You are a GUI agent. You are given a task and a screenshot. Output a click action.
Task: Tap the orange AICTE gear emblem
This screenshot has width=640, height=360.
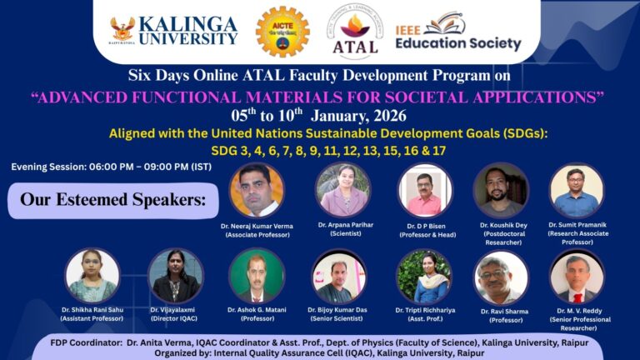click(282, 31)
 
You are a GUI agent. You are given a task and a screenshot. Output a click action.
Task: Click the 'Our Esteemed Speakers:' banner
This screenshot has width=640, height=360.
click(112, 201)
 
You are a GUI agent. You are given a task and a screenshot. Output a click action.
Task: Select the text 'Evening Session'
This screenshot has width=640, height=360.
click(49, 167)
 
